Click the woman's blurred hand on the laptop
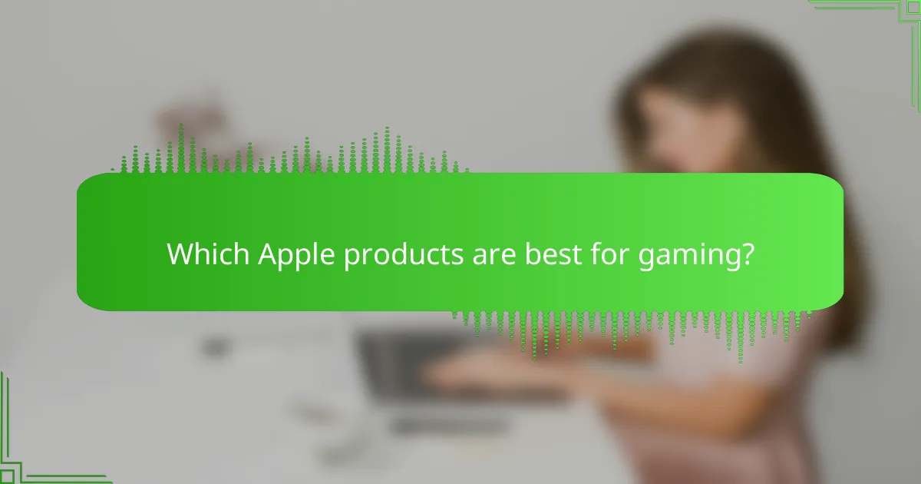[491, 369]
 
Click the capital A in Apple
[266, 254]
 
